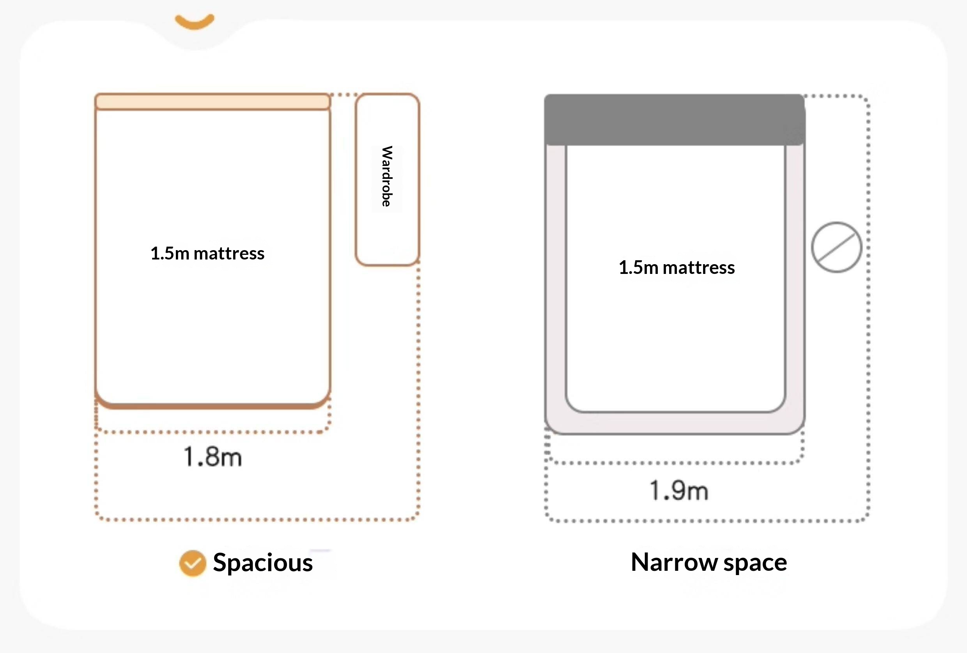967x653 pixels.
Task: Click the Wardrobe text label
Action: click(387, 176)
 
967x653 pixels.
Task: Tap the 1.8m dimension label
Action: click(213, 456)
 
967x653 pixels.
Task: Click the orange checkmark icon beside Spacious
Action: click(193, 563)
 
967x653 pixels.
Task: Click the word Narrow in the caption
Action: click(675, 562)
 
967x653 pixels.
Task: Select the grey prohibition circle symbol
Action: click(836, 247)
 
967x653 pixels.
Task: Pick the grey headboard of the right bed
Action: click(675, 120)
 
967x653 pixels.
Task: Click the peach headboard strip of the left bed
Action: click(213, 101)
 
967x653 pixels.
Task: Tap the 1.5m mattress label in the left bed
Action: click(207, 254)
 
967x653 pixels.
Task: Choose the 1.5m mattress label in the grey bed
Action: click(677, 268)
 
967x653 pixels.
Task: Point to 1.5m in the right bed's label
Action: click(638, 268)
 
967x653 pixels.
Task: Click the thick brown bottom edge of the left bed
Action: click(213, 405)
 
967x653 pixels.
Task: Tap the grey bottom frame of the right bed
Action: click(675, 424)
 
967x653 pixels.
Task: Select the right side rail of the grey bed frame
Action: click(795, 279)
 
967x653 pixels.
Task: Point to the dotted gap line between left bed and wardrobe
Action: click(343, 95)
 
